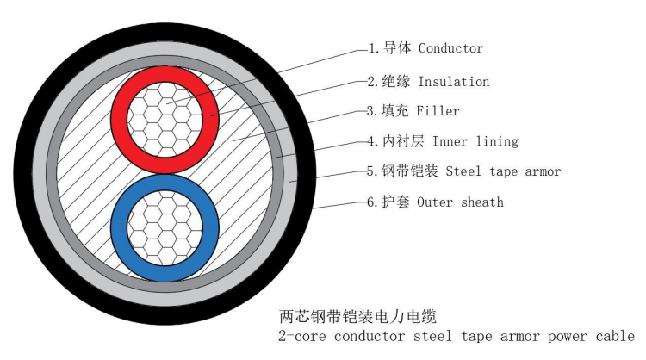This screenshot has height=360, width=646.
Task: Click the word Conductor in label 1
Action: pos(449,49)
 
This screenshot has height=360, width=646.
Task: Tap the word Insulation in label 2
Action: pos(454,82)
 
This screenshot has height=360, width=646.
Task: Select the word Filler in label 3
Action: pos(438,111)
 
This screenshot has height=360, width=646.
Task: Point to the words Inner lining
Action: pos(475,140)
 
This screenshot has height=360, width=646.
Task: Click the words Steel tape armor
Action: pos(503,171)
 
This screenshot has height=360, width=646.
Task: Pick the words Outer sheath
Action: pos(460,202)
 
